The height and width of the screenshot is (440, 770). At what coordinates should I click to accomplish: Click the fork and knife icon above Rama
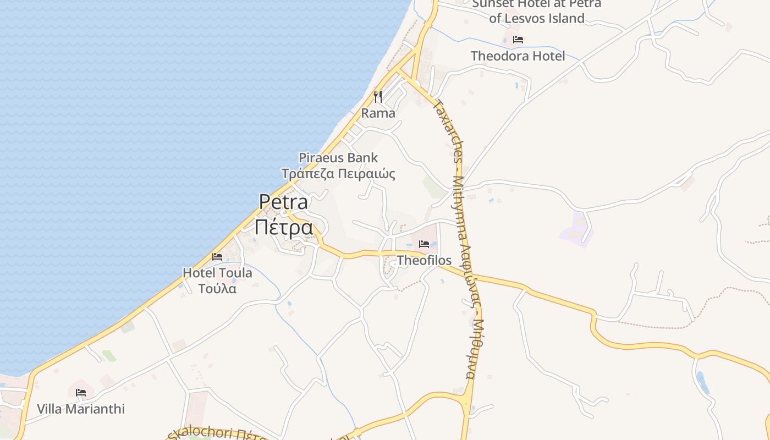pos(378,97)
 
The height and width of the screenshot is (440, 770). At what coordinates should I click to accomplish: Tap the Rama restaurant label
pos(378,113)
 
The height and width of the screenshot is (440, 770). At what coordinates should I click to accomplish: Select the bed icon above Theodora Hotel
pos(518,40)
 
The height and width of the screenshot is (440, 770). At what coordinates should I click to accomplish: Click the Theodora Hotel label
pos(518,56)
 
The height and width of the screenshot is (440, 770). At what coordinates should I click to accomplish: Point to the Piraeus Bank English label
pos(338,158)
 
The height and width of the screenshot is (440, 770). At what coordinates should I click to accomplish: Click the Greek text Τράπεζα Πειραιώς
pos(338,174)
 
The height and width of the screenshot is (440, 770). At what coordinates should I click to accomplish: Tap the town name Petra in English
pos(284,202)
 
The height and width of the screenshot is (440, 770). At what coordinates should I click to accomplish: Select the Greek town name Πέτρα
pos(284,227)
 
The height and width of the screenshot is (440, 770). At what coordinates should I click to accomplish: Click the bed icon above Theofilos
pos(424,244)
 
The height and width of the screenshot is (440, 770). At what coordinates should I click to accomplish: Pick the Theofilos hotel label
pos(424,261)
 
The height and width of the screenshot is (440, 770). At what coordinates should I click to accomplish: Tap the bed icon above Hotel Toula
pos(217,256)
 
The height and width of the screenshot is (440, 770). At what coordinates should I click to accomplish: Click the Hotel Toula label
pos(217,273)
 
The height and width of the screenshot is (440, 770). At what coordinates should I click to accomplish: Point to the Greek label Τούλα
pos(217,289)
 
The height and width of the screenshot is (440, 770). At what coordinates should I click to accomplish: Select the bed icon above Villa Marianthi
pos(81,393)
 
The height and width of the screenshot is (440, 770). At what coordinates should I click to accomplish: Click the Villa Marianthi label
pos(81,409)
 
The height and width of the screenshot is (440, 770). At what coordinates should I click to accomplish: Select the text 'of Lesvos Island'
pos(537,19)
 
